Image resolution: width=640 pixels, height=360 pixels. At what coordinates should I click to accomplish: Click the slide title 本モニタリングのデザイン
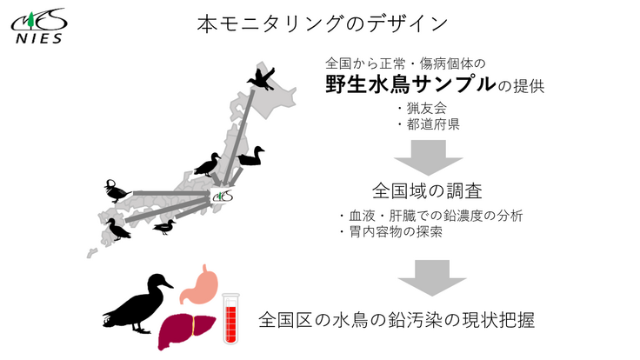point(322,23)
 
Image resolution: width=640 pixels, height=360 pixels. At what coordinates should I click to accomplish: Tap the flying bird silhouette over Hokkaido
point(262,79)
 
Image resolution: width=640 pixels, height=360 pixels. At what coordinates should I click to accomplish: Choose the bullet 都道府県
point(428,124)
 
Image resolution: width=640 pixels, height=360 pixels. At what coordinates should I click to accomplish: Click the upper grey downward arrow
point(423,157)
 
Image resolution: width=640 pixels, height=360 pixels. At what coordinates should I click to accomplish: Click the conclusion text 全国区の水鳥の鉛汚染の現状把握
point(396,320)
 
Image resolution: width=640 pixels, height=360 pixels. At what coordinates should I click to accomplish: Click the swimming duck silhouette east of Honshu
point(251,157)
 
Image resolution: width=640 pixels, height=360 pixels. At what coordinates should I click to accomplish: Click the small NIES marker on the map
point(222,196)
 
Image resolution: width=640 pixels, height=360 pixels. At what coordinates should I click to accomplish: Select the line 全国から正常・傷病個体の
point(405,63)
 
